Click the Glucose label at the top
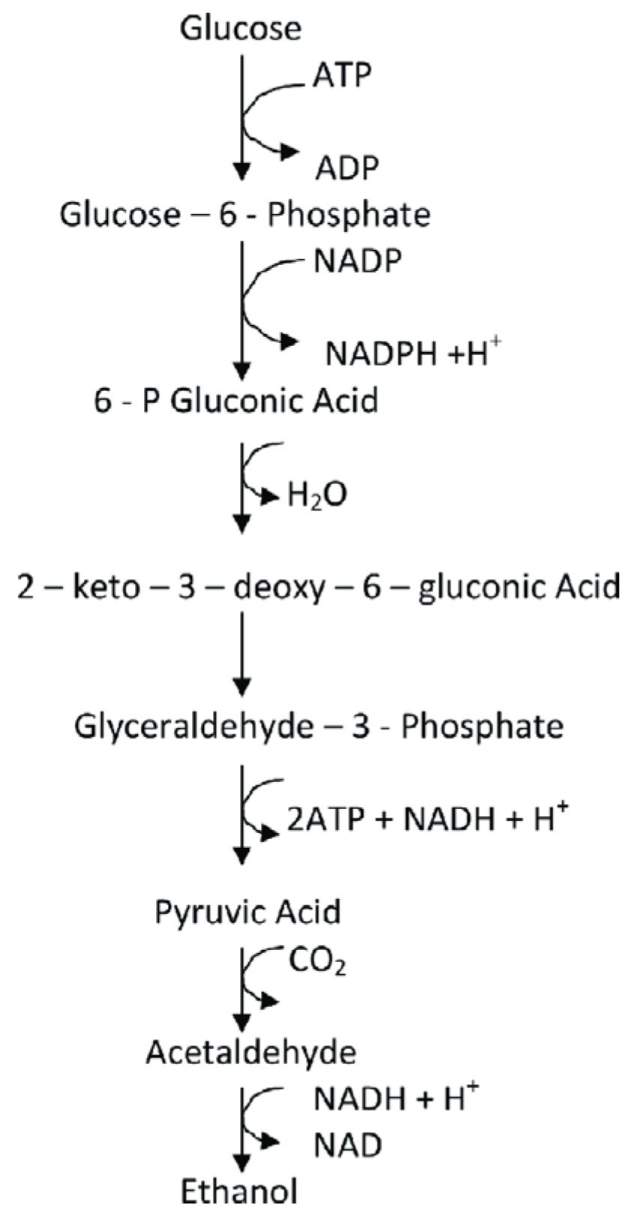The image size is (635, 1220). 240,29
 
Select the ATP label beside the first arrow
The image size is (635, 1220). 343,75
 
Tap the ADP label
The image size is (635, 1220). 347,168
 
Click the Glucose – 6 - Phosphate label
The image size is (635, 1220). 245,215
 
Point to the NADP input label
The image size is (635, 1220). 357,261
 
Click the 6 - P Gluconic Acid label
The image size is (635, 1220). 236,401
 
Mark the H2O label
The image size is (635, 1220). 317,495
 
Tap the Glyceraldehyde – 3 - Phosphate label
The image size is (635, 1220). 318,726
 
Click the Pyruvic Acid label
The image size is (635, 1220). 248,912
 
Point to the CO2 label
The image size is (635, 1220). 317,961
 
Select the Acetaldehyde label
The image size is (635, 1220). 251,1053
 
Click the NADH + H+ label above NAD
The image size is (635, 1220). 396,1099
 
